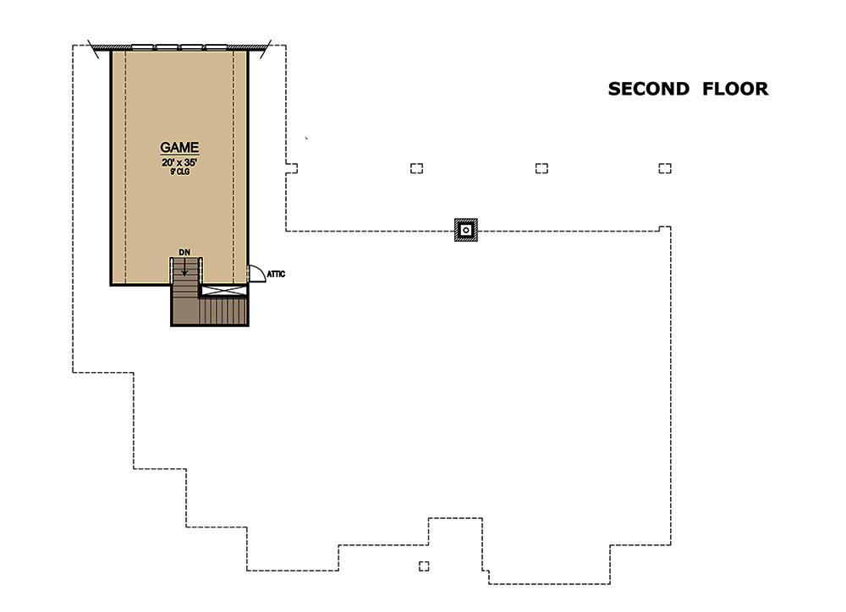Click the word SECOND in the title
pyautogui.click(x=649, y=89)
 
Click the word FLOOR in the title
pyautogui.click(x=735, y=89)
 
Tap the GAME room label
pyautogui.click(x=179, y=147)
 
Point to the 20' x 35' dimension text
pyautogui.click(x=179, y=162)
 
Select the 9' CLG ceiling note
pyautogui.click(x=179, y=172)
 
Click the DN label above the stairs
pyautogui.click(x=184, y=252)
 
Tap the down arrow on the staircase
pyautogui.click(x=184, y=267)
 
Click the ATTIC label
pyautogui.click(x=276, y=274)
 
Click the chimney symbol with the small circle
pyautogui.click(x=465, y=230)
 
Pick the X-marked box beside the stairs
pyautogui.click(x=224, y=291)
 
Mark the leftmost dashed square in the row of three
pyautogui.click(x=416, y=168)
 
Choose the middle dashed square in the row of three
pyautogui.click(x=541, y=168)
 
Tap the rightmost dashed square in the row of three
pyautogui.click(x=665, y=168)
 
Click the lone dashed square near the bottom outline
pyautogui.click(x=424, y=566)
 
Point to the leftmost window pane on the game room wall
pyautogui.click(x=143, y=46)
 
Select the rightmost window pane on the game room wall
pyautogui.click(x=217, y=46)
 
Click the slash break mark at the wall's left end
pyautogui.click(x=93, y=49)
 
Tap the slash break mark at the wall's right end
pyautogui.click(x=266, y=49)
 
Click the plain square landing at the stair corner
pyautogui.click(x=185, y=311)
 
